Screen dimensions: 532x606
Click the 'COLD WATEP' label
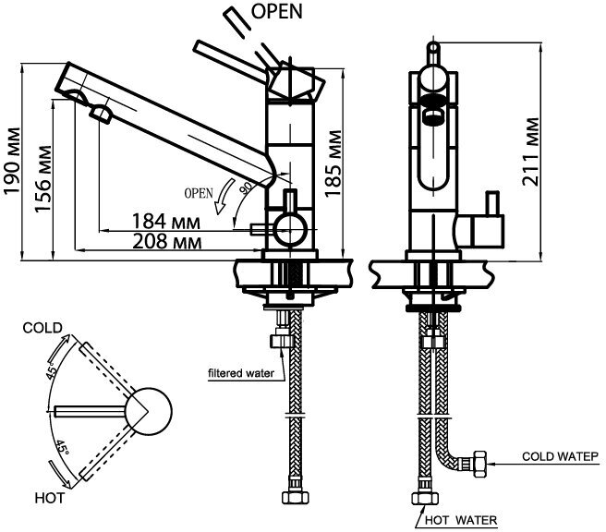[x=561, y=456]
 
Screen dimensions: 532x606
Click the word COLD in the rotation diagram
[x=42, y=328]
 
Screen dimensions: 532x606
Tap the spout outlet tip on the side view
[x=99, y=113]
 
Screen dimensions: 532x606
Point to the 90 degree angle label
[x=247, y=186]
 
